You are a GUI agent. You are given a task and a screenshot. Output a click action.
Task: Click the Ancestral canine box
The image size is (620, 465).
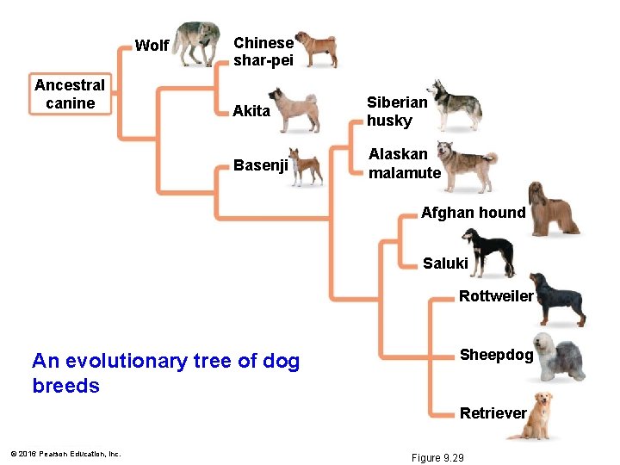click(70, 94)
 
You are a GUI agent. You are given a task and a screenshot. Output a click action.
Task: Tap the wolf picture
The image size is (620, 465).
click(197, 43)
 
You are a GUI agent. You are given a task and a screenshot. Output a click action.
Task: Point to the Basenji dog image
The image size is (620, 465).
click(306, 166)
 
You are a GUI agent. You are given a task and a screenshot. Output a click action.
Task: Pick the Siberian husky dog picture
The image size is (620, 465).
click(456, 105)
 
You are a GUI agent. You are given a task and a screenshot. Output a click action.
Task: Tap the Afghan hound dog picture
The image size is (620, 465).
click(553, 210)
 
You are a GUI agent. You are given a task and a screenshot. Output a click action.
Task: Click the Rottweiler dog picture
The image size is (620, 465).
click(558, 299)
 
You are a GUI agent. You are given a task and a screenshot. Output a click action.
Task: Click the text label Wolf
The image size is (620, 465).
click(152, 46)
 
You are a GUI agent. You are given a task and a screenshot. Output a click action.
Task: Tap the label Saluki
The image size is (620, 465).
click(445, 263)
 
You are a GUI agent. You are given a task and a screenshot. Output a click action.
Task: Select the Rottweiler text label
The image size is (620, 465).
click(496, 296)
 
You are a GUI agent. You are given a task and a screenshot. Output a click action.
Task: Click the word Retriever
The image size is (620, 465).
click(493, 413)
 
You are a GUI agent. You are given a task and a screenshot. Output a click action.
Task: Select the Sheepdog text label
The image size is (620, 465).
click(497, 355)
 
